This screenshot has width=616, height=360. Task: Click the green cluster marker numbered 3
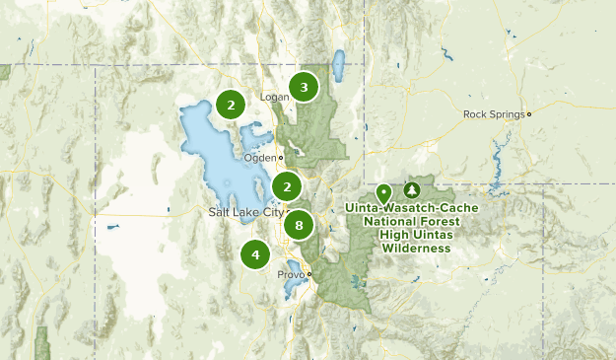(x=304, y=88)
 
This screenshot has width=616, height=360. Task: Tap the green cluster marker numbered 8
(x=298, y=225)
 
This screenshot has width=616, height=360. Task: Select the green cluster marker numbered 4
(x=255, y=254)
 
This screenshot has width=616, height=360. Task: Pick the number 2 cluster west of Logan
(x=230, y=105)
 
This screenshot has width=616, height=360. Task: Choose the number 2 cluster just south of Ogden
(x=287, y=186)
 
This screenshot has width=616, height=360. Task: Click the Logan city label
(x=274, y=97)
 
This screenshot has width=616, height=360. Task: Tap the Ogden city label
(x=260, y=158)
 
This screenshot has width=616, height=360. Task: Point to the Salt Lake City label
(x=245, y=212)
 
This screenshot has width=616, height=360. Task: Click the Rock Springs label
(x=494, y=113)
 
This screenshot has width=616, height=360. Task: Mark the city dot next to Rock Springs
(x=529, y=113)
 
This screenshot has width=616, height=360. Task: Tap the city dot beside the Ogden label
(x=281, y=158)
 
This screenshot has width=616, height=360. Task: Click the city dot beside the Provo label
(x=308, y=274)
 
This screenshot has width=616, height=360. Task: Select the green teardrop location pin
(x=383, y=193)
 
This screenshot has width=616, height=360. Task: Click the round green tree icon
(x=411, y=189)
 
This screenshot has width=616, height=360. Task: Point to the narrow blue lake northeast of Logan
(x=339, y=66)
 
